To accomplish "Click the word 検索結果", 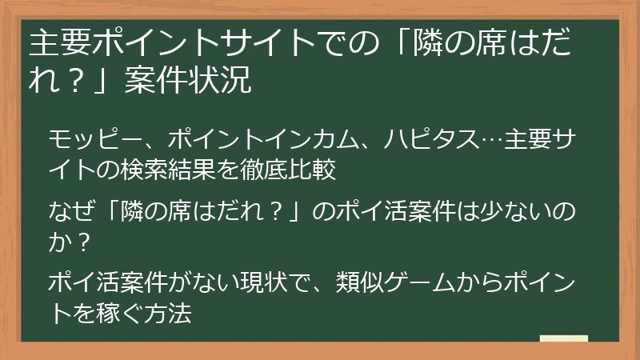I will coord(188,169).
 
